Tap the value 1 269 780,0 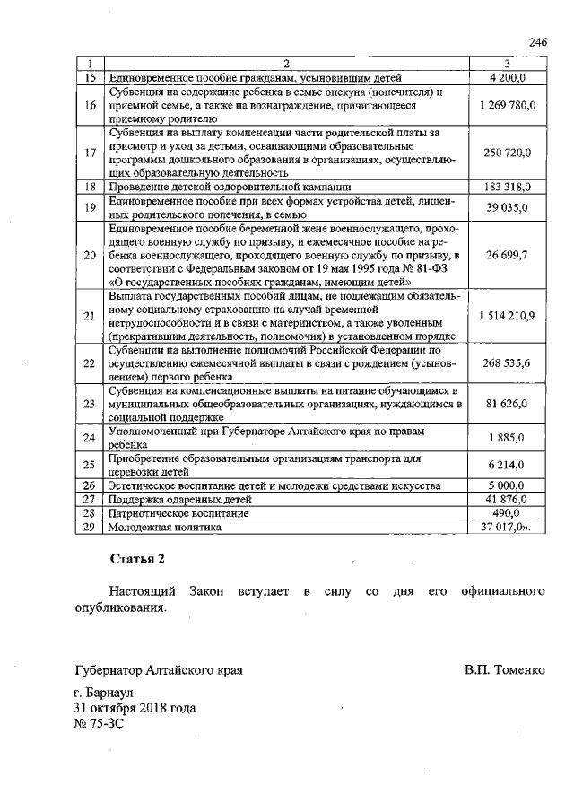[x=507, y=105]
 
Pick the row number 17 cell [x=89, y=153]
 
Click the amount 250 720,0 [x=507, y=153]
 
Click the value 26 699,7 [x=507, y=255]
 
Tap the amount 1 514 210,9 [x=507, y=316]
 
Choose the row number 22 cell [x=89, y=363]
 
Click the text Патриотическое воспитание [x=167, y=513]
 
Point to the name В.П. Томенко [x=505, y=670]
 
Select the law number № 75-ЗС [x=94, y=722]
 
